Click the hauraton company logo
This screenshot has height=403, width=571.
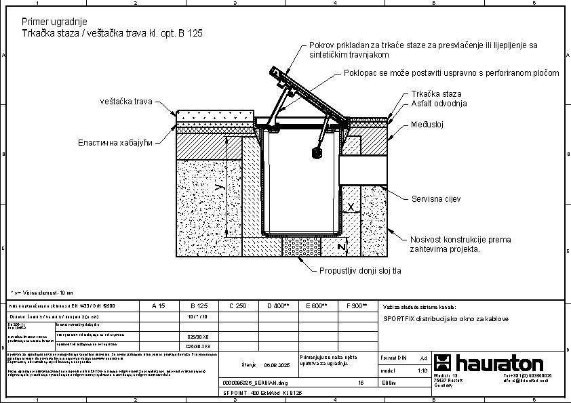coord(489,362)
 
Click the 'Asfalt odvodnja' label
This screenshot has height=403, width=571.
coord(439,104)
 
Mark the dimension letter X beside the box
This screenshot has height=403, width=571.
coord(350,205)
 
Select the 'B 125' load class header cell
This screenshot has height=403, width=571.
coord(198,306)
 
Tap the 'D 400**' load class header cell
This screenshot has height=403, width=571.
coord(278,306)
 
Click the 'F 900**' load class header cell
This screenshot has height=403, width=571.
coord(357,306)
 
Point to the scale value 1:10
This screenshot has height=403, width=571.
coord(422,371)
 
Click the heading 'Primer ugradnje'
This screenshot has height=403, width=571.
coord(54,22)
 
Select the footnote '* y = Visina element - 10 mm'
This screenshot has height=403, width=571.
coord(42,293)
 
